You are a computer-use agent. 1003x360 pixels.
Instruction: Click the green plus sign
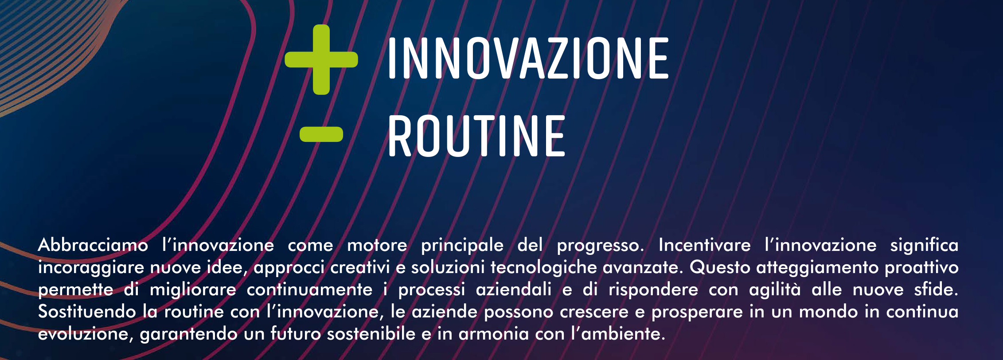321,59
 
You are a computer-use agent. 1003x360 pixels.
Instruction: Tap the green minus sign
321,134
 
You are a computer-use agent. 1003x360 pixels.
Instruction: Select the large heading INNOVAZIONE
528,59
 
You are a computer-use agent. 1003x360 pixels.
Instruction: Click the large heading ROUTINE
476,136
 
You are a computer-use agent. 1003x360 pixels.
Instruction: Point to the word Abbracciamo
93,245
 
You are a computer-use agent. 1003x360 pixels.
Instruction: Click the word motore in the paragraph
377,245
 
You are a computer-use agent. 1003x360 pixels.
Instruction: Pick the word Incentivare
705,245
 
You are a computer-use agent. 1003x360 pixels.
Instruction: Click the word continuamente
310,290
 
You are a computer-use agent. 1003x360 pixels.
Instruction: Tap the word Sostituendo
87,311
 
